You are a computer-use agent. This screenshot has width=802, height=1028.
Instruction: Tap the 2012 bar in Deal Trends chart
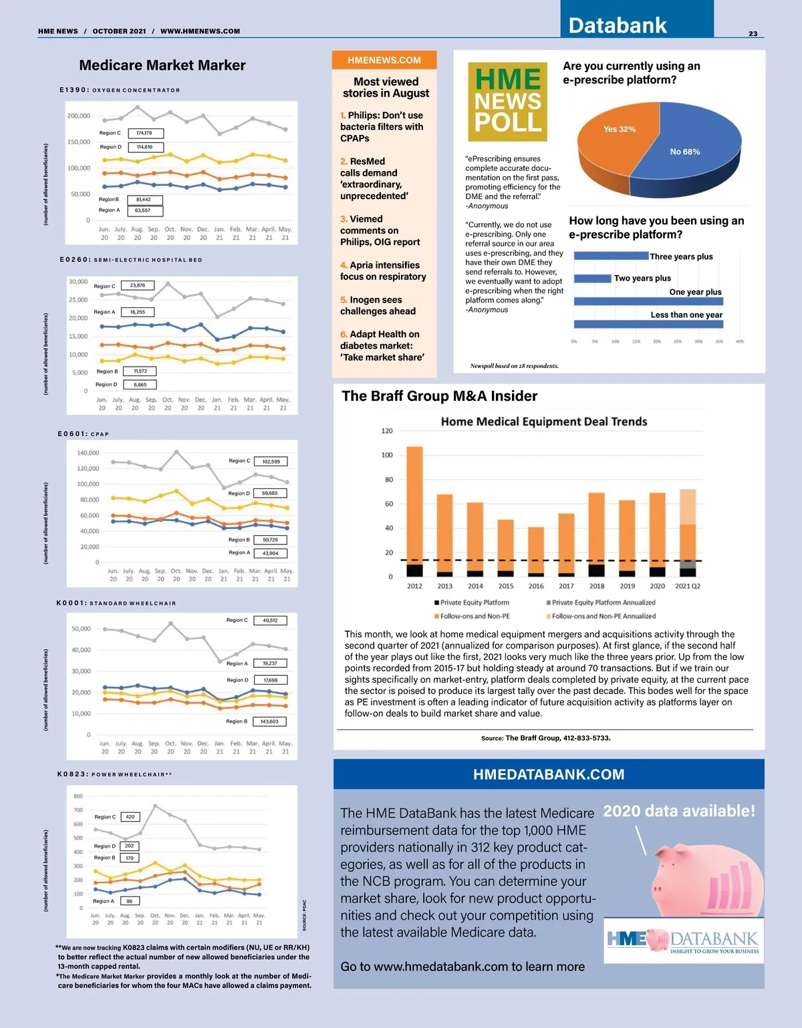coord(415,508)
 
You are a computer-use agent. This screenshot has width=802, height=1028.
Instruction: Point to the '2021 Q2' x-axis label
coord(688,586)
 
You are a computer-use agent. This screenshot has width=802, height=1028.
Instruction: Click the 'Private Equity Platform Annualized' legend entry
coord(600,603)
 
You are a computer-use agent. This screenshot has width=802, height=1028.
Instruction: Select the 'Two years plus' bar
coord(592,279)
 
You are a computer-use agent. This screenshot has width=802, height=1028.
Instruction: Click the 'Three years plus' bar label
coord(681,256)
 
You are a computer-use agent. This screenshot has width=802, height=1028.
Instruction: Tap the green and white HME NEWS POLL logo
coord(508,102)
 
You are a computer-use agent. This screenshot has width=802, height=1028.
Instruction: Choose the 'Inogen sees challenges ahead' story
coord(378,305)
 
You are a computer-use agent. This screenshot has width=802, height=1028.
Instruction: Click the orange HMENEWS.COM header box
coord(384,60)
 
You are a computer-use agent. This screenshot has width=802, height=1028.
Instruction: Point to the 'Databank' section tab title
coord(618,25)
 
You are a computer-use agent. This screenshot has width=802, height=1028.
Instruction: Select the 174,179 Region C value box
coord(144,133)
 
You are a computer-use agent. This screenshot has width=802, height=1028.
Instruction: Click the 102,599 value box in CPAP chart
coord(271,462)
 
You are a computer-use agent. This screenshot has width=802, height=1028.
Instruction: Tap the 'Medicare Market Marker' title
coord(162,65)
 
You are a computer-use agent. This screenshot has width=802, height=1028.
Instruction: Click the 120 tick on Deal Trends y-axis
coord(387,431)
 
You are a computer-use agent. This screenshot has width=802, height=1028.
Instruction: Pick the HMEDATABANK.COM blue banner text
coord(549,775)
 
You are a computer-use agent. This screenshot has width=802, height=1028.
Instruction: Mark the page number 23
coord(753,33)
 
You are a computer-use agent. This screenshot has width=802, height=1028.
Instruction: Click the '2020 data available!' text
coord(679,811)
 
